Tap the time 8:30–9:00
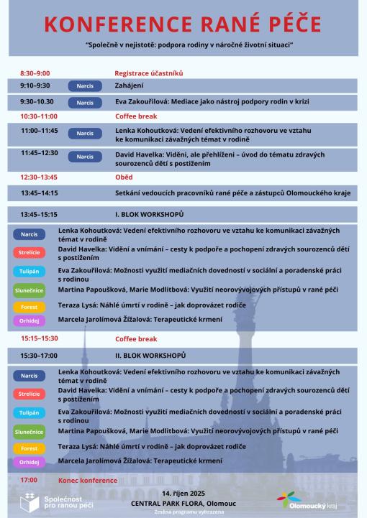(35, 73)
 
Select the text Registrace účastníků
(149, 73)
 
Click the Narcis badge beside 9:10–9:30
(85, 85)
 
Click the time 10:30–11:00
(39, 116)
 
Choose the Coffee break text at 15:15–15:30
(136, 338)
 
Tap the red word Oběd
(124, 177)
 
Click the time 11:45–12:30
(39, 152)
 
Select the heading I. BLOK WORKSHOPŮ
(149, 214)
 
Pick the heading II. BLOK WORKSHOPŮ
(150, 355)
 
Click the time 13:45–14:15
(39, 193)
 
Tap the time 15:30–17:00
(39, 355)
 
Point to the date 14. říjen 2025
(183, 494)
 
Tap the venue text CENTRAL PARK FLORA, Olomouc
(183, 503)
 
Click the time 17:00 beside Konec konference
(29, 480)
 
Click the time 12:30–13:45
(39, 177)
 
